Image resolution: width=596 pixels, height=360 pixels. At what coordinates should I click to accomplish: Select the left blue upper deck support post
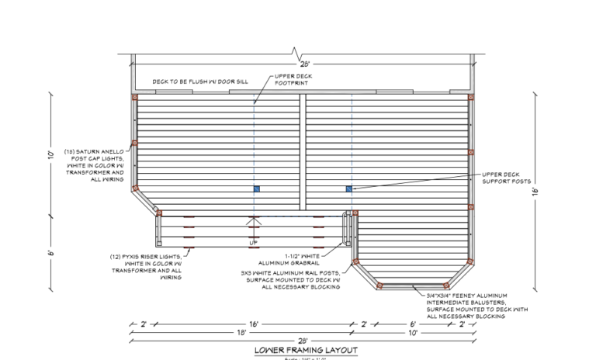(256, 189)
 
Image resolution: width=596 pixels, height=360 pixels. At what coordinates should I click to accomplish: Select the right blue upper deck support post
(349, 189)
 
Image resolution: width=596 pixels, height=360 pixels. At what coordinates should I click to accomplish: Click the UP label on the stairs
(253, 243)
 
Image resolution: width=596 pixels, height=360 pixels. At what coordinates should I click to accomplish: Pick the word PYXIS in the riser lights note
(146, 254)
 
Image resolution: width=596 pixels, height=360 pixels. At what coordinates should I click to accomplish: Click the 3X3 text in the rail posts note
(247, 273)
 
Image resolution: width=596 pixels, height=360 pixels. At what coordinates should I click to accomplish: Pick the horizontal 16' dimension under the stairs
(253, 324)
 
